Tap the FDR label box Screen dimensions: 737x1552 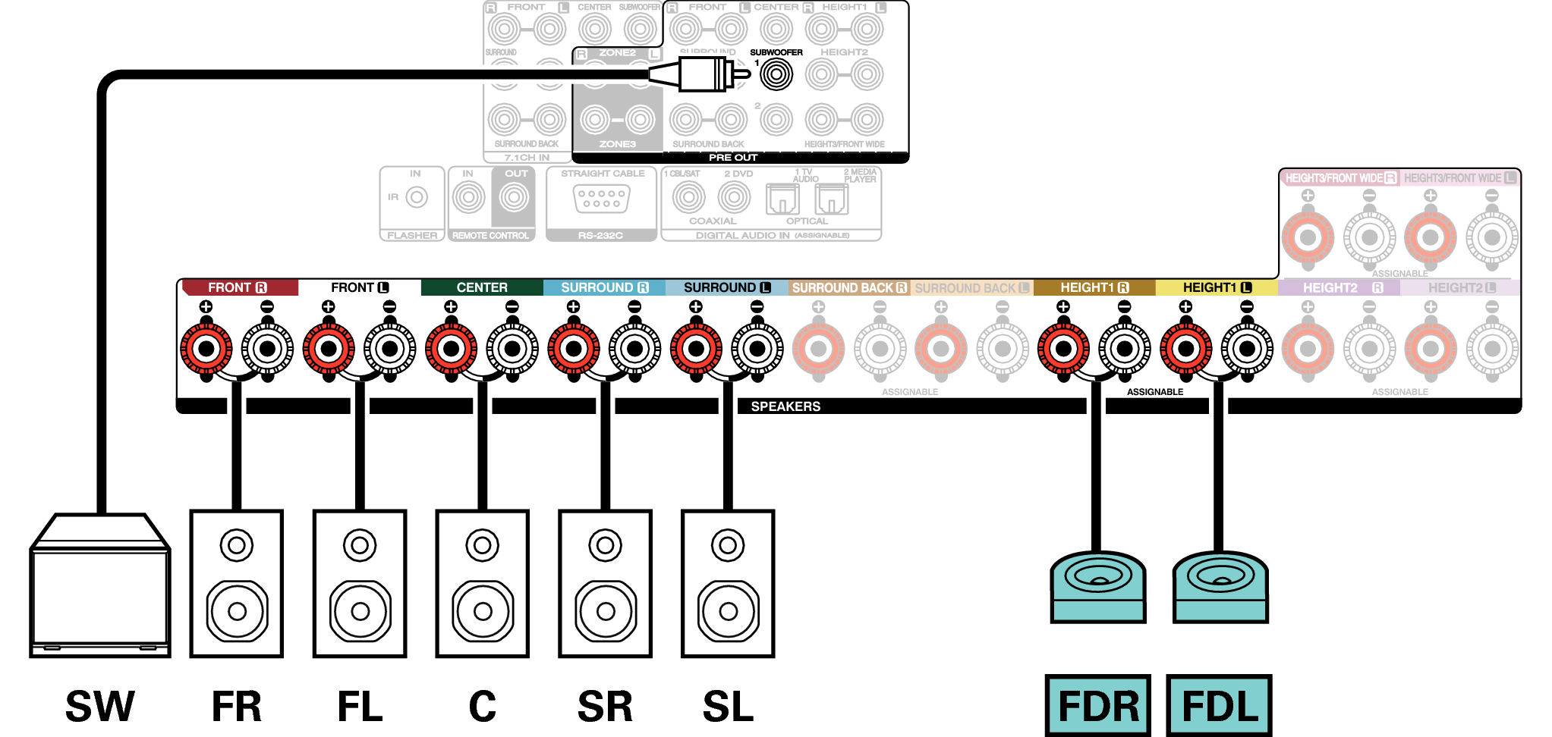click(1098, 705)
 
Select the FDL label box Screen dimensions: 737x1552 click(1220, 705)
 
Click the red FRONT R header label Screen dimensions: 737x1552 click(238, 288)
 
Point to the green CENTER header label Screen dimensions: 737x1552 click(482, 288)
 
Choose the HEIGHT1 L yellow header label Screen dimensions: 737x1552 click(1217, 288)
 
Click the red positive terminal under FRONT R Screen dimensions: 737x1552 click(206, 349)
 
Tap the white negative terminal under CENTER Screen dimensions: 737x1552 click(512, 349)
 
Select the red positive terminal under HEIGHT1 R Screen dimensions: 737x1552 click(1063, 349)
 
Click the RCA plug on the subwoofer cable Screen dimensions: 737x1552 click(702, 74)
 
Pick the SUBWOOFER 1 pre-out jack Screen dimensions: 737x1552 click(776, 74)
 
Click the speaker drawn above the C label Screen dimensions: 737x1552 click(483, 583)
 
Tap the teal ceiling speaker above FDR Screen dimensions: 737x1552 click(1098, 586)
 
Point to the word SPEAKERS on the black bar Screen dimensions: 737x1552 click(785, 406)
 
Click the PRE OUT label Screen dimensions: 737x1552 click(733, 158)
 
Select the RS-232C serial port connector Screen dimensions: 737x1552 click(601, 199)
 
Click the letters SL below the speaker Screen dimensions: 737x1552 click(728, 707)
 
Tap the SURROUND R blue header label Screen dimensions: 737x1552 click(605, 288)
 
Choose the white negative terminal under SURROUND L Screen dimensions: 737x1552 click(757, 349)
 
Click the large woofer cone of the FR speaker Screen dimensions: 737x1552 click(237, 611)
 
